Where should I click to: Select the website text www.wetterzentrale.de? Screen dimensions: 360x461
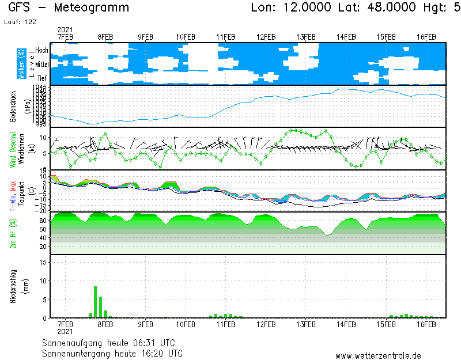[x=378, y=356]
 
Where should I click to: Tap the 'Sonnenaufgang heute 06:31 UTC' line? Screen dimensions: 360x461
[x=112, y=343]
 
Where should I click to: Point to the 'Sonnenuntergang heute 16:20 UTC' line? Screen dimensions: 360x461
[x=112, y=353]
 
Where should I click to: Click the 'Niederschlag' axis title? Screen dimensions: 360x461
[x=13, y=286]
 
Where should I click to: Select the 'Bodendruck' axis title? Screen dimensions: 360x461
[x=13, y=105]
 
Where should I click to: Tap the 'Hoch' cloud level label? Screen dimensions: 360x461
[x=41, y=51]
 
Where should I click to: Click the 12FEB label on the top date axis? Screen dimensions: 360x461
[x=266, y=37]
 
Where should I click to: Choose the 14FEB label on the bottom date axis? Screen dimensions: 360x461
[x=346, y=325]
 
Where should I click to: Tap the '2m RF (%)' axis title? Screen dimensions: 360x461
[x=13, y=233]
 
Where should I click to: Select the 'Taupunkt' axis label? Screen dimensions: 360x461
[x=20, y=190]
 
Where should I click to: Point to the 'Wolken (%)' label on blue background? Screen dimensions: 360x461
[x=20, y=64]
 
